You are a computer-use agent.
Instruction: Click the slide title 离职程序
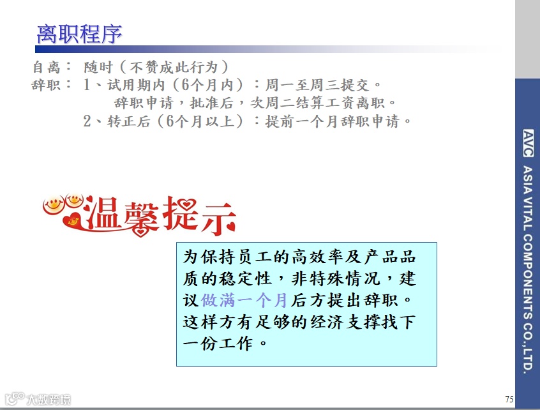79,34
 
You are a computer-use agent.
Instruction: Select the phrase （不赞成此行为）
170,67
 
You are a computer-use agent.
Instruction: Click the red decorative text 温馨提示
160,215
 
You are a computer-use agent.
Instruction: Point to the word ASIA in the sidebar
528,179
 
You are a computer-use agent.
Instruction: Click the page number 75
508,399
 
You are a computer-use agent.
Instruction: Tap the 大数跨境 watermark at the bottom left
48,400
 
